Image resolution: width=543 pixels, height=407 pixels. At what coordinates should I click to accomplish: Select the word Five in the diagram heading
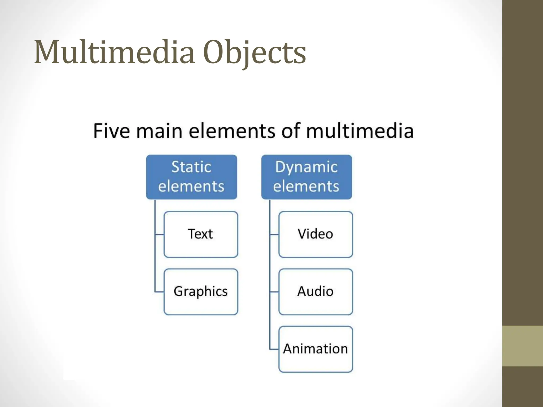pos(112,131)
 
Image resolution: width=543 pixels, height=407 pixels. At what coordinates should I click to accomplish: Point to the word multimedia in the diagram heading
pos(360,131)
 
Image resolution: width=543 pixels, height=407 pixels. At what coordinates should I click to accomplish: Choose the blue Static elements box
pos(191,177)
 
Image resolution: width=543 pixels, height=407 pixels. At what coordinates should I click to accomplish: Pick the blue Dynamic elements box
pos(306,177)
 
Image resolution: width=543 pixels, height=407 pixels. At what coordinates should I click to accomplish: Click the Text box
pos(201,234)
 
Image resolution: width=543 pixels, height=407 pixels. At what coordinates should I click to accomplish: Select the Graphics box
pos(201,292)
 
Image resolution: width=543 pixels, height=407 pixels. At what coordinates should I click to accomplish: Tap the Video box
pos(316,234)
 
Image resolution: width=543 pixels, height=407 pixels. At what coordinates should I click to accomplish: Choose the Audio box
pos(316,292)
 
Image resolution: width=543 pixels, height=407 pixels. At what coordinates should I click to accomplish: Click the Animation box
pos(316,349)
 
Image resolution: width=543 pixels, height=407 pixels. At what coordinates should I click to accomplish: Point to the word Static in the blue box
pos(191,167)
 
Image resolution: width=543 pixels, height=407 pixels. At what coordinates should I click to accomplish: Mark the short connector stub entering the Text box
pos(159,235)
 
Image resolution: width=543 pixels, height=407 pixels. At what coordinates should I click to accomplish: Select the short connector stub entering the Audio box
pos(274,292)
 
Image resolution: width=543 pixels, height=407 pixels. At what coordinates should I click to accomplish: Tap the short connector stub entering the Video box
pos(274,235)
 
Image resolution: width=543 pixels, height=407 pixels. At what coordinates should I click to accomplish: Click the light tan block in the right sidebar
pos(523,346)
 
